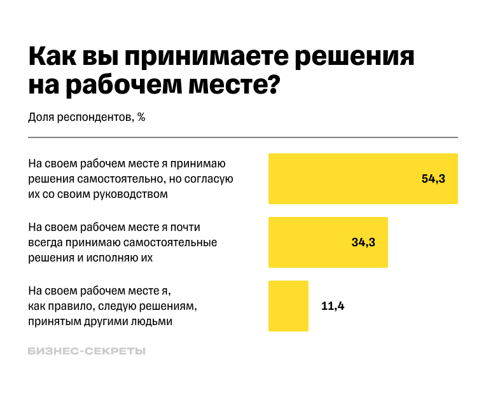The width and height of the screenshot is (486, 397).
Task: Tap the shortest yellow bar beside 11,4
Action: [288, 306]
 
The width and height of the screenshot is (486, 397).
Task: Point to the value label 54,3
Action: [433, 179]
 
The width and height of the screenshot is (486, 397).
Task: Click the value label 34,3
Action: [363, 242]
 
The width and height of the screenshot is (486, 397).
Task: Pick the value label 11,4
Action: [333, 306]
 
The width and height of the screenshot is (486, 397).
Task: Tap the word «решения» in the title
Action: [356, 57]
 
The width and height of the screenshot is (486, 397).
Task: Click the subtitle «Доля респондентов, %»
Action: [87, 117]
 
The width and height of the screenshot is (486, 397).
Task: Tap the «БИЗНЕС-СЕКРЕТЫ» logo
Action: [87, 351]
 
